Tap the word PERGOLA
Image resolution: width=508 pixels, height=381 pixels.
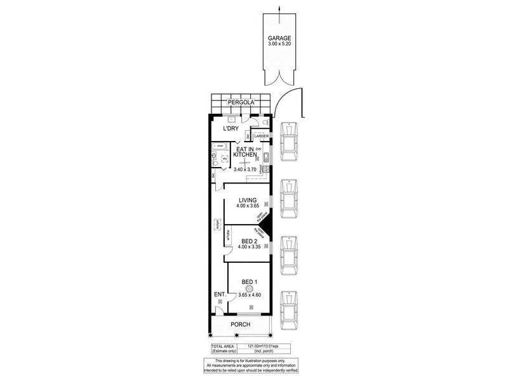point(241,102)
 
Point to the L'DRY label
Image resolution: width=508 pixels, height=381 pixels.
point(230,129)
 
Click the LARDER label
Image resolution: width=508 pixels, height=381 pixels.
point(263,136)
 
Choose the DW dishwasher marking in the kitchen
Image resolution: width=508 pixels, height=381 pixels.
point(258,149)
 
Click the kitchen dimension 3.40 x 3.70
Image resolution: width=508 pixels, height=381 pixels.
point(244,170)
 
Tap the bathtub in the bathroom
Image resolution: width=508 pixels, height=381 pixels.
point(217,146)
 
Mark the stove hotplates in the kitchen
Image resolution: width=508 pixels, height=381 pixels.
point(266,170)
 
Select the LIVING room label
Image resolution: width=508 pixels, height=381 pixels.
point(247,199)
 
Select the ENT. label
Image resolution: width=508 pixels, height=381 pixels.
point(220,294)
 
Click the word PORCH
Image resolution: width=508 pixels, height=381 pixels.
point(241,324)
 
